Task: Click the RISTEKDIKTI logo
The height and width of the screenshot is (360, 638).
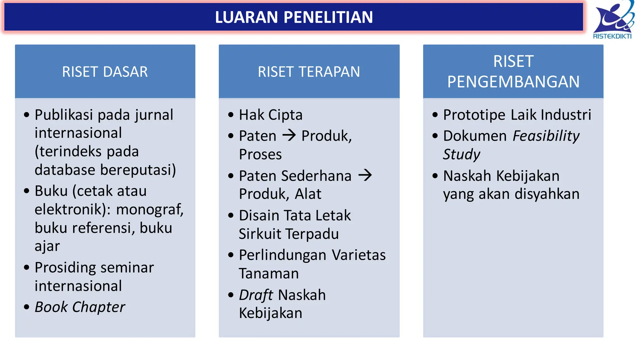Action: coord(613,20)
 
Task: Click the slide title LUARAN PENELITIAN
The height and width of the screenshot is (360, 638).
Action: coord(294,17)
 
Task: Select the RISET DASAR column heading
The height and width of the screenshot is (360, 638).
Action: coord(105,72)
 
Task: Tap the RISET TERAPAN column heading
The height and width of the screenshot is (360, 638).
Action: coord(309,72)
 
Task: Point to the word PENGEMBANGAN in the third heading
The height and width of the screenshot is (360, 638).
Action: coord(513,82)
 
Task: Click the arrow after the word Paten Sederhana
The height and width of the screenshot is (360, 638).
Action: coord(365,175)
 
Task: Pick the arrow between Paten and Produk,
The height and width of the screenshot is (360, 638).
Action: coord(289,135)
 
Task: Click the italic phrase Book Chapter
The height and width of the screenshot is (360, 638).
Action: coord(80,307)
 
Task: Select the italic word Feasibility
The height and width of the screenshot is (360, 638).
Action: coord(546,136)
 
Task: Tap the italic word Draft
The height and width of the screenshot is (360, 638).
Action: coord(256,295)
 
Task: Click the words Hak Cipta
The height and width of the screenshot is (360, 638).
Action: coord(270,115)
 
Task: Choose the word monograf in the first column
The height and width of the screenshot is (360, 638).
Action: coord(150,209)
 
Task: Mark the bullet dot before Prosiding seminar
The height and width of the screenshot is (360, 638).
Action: coord(27,267)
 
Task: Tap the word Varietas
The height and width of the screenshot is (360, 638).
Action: coord(359,255)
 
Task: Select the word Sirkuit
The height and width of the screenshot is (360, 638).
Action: coord(260,234)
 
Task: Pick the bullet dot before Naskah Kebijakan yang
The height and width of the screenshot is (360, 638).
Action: coord(435,176)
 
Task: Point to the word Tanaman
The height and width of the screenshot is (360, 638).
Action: coord(269,273)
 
